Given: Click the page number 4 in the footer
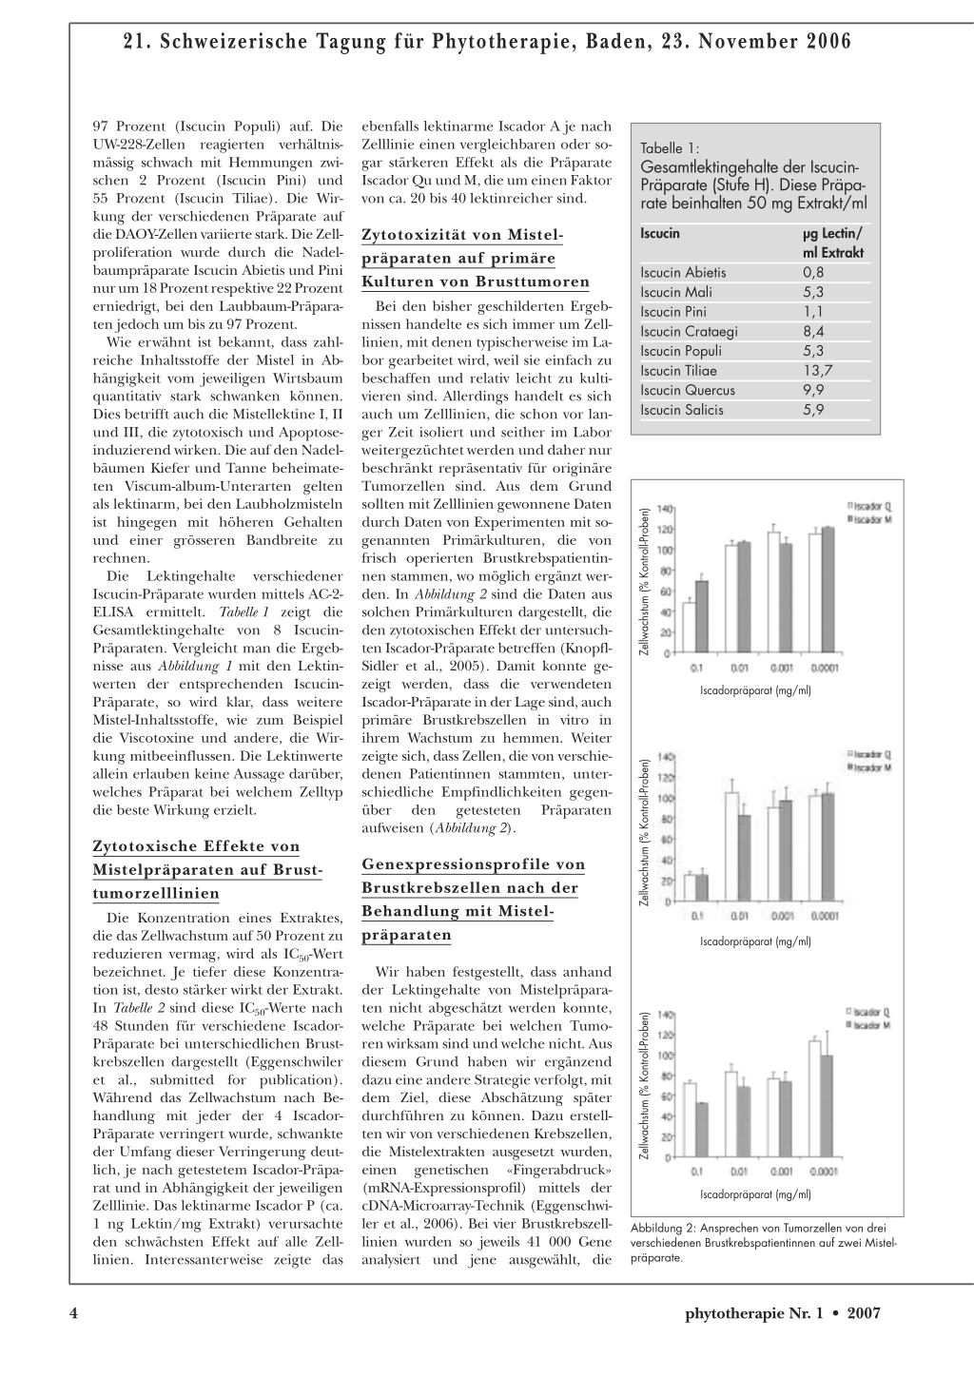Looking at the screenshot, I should [x=72, y=1313].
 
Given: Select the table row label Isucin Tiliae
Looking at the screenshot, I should [x=678, y=371].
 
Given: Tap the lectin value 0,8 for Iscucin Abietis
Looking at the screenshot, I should [x=813, y=273].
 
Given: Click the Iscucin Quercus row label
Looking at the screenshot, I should [x=687, y=391].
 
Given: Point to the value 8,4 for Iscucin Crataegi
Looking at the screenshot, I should [x=813, y=332].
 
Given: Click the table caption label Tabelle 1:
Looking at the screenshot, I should [x=670, y=148].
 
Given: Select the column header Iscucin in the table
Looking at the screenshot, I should [x=660, y=233].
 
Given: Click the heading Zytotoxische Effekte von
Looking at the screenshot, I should [x=195, y=846].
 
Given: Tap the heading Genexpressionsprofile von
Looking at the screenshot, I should [x=473, y=864].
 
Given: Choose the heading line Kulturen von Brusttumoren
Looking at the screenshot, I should [x=476, y=281].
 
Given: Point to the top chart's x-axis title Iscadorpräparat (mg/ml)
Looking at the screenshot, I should [x=755, y=689].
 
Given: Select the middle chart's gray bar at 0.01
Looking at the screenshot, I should [x=745, y=858].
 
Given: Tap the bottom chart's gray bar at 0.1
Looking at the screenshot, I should [x=702, y=1130].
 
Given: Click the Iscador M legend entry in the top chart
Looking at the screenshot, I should [x=872, y=519].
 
